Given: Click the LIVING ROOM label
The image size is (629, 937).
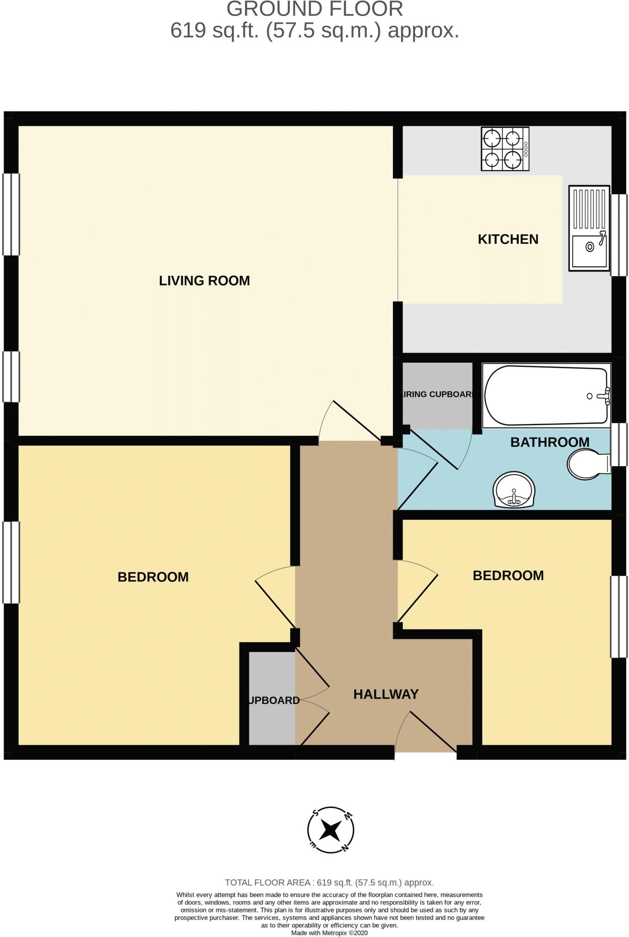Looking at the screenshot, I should click(204, 280).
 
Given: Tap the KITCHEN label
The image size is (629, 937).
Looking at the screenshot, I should click(508, 239).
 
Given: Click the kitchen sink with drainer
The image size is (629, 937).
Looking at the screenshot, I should click(589, 227).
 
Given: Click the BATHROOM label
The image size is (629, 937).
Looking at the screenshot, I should click(549, 442).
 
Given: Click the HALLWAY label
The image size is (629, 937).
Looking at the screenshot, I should click(386, 694).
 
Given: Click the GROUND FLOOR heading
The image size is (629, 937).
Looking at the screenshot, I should click(314, 10).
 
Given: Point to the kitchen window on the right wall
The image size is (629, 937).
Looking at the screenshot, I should click(619, 235).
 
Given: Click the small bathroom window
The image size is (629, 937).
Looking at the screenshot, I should click(619, 445).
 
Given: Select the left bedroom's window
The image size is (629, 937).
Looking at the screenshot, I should click(11, 562).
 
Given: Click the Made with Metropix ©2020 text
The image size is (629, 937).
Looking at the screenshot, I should click(329, 933).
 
